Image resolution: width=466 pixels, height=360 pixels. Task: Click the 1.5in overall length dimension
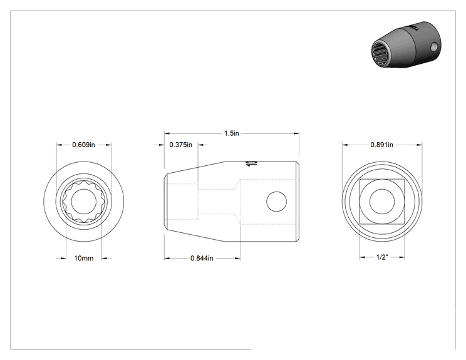click(x=232, y=133)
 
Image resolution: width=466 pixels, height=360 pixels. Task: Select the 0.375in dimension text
click(x=180, y=145)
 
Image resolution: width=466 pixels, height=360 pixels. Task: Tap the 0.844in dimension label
click(x=202, y=258)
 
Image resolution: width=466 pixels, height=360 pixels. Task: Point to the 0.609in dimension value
click(x=83, y=145)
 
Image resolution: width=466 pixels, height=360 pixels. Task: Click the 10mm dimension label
click(x=84, y=258)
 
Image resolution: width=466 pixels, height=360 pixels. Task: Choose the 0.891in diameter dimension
click(x=382, y=145)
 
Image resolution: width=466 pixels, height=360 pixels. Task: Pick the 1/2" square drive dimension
click(x=382, y=257)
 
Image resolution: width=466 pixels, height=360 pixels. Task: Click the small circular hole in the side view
click(x=277, y=202)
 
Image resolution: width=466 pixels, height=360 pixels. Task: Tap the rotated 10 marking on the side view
click(x=251, y=163)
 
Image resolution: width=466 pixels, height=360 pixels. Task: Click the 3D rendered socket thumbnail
click(x=406, y=44)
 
